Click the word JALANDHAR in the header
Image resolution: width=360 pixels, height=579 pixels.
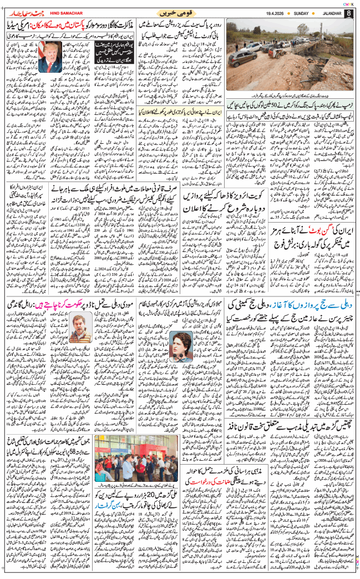pyautogui.click(x=324, y=12)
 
